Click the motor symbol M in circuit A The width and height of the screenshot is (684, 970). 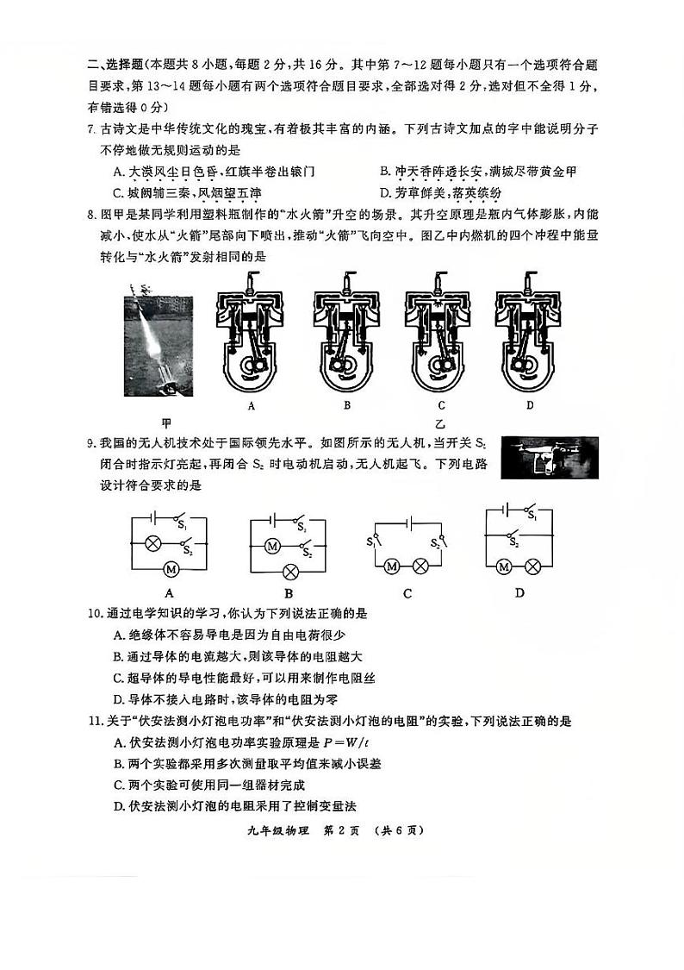[170, 567]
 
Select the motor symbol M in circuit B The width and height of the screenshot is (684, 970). [272, 545]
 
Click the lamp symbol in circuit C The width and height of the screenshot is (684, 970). [421, 566]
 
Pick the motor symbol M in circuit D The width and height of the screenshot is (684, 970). [505, 566]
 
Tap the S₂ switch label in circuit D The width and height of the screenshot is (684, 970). [515, 543]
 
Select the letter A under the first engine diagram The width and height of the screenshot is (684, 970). [252, 404]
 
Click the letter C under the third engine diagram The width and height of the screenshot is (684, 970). [441, 404]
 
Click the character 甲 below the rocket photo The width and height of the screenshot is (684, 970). [167, 422]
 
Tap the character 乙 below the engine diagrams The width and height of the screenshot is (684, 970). [440, 423]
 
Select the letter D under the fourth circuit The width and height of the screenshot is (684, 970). [519, 592]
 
